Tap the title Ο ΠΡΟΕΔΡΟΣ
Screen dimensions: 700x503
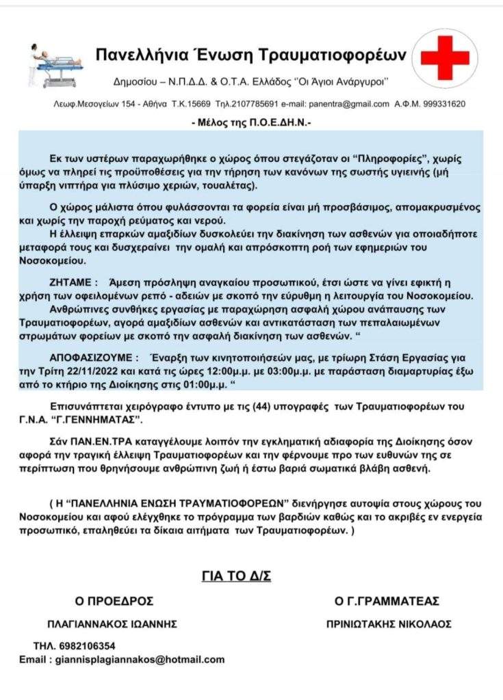[114, 602]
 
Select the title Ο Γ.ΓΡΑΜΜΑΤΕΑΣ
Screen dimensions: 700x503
[387, 602]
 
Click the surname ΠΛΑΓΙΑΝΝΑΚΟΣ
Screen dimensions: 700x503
[92, 624]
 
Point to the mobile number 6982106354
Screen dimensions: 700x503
[86, 646]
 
